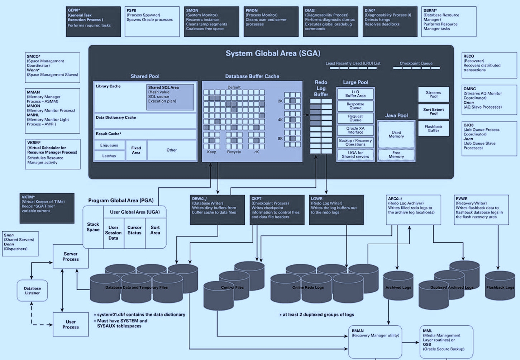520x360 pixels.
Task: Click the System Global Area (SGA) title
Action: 273,53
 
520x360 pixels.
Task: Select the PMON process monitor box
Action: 271,21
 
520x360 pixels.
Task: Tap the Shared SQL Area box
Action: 170,97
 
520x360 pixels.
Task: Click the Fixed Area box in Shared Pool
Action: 136,150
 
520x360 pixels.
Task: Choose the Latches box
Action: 109,156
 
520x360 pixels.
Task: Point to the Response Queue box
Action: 355,106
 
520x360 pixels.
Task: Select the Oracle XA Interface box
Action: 355,130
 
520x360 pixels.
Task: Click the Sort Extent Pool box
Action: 433,111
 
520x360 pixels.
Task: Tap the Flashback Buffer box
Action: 433,129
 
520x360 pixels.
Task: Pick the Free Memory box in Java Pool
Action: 396,155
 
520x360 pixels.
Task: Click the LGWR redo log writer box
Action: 336,210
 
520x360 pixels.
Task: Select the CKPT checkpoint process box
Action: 277,210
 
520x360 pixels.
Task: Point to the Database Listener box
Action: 32,291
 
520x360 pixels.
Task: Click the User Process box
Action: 71,324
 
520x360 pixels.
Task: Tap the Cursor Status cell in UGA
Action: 134,230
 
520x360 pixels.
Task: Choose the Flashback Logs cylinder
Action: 500,287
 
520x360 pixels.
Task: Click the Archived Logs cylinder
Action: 398,287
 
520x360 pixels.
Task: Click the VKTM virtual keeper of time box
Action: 47,208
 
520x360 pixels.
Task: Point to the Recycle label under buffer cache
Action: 234,152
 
